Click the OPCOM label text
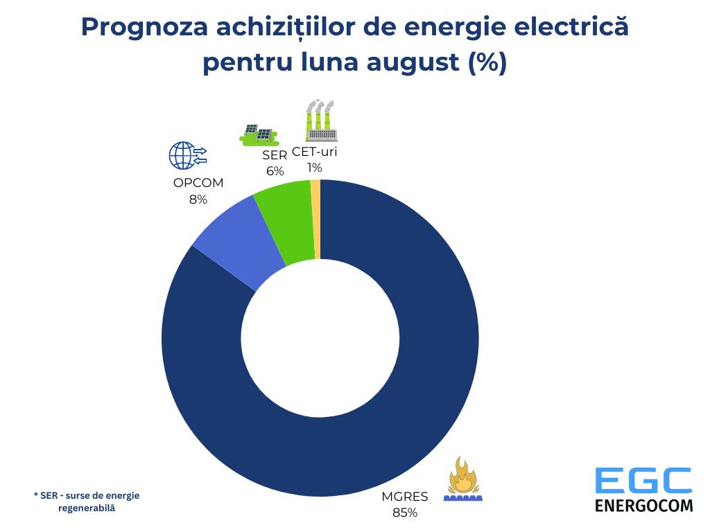[x=198, y=184]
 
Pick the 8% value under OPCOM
[x=198, y=199]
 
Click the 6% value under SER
[x=275, y=171]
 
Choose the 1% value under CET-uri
[x=314, y=167]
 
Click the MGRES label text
[x=405, y=496]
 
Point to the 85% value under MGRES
[x=405, y=513]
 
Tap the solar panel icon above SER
[x=259, y=134]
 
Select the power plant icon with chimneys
[x=320, y=121]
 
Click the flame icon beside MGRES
[x=463, y=479]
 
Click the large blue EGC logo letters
[x=643, y=481]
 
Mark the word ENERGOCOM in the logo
[x=643, y=504]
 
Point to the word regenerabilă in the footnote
[x=87, y=508]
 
